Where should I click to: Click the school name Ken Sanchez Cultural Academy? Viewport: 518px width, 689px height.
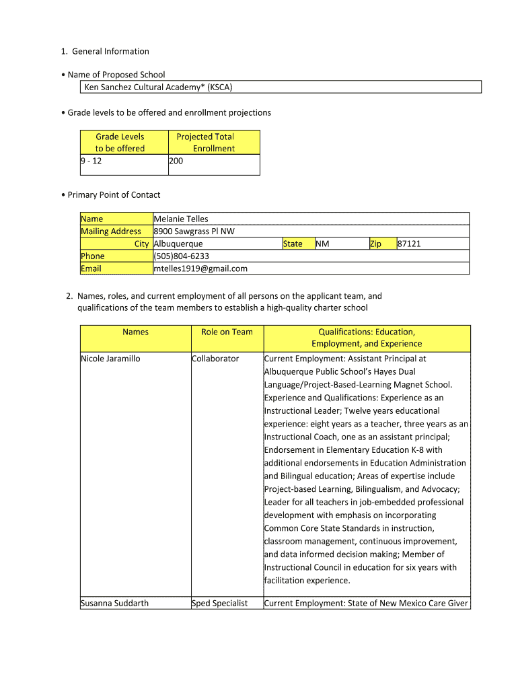click(158, 87)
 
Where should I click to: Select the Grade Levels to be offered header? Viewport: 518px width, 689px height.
click(120, 143)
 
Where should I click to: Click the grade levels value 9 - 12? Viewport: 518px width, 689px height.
click(91, 161)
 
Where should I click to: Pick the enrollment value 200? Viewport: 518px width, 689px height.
click(176, 161)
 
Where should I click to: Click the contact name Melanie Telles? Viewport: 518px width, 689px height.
click(181, 219)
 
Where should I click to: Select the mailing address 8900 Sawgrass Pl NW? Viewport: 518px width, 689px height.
click(194, 231)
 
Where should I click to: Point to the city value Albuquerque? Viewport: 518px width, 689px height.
click(178, 244)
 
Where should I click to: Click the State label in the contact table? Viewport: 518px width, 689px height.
click(293, 244)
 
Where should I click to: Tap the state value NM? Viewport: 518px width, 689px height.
click(322, 244)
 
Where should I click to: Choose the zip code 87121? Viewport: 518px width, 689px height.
click(409, 244)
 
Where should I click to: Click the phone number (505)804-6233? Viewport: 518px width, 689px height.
click(182, 256)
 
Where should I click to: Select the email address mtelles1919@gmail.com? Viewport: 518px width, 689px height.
click(200, 268)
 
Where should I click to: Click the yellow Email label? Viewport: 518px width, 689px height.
click(91, 268)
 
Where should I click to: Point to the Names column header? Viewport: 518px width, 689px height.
click(135, 332)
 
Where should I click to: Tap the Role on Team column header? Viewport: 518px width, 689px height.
click(227, 332)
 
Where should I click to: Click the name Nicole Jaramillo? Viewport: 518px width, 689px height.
click(110, 359)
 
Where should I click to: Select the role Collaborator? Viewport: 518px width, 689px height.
click(215, 359)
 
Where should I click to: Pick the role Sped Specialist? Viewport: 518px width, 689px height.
click(220, 603)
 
